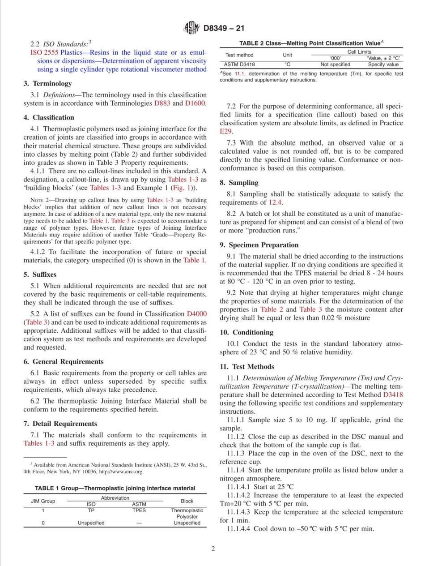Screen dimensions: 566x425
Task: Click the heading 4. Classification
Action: (x=49, y=118)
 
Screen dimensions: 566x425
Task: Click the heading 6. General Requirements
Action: (x=63, y=361)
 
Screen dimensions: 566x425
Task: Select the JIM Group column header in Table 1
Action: (x=43, y=501)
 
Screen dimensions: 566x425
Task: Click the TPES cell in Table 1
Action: (x=139, y=510)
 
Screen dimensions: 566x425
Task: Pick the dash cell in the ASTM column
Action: (x=139, y=523)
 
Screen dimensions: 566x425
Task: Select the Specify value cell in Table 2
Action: (x=383, y=64)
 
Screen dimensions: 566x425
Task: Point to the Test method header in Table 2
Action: (x=239, y=55)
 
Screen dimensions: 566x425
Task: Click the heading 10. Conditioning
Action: (x=246, y=332)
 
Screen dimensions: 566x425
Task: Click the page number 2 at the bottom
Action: (x=213, y=549)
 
